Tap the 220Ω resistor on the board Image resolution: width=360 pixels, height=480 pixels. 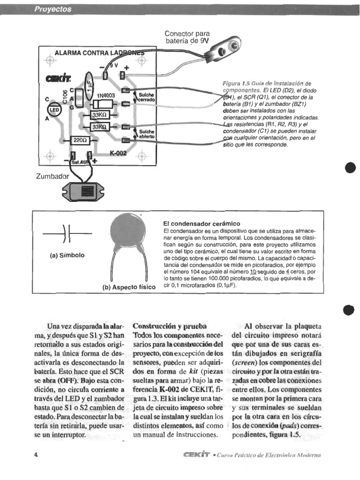(79, 140)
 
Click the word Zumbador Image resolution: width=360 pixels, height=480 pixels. (52, 177)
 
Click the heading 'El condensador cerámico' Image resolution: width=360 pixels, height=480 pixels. (202, 224)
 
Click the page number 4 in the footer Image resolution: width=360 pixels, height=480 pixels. (36, 455)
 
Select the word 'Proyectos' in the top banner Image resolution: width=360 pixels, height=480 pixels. (53, 9)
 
